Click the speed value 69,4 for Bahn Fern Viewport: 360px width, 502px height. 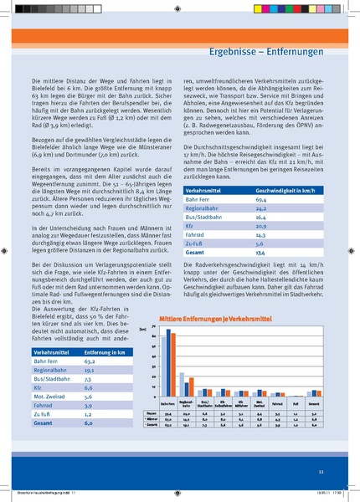click(x=260, y=223)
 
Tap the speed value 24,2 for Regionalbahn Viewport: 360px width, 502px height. click(x=260, y=233)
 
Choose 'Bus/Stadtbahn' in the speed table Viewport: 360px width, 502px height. click(x=207, y=242)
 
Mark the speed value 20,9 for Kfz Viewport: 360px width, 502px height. click(x=260, y=251)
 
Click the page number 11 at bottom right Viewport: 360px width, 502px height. click(x=321, y=474)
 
